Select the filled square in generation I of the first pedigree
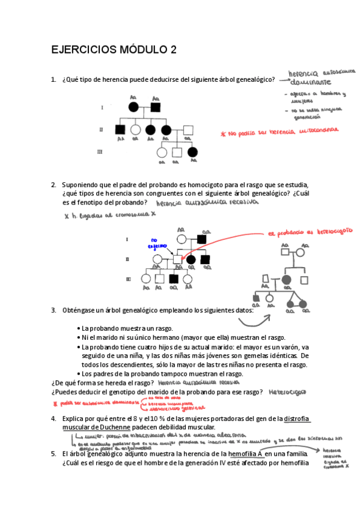coord(156,108)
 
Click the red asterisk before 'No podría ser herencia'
coord(222,134)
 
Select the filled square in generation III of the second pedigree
coord(174,278)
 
